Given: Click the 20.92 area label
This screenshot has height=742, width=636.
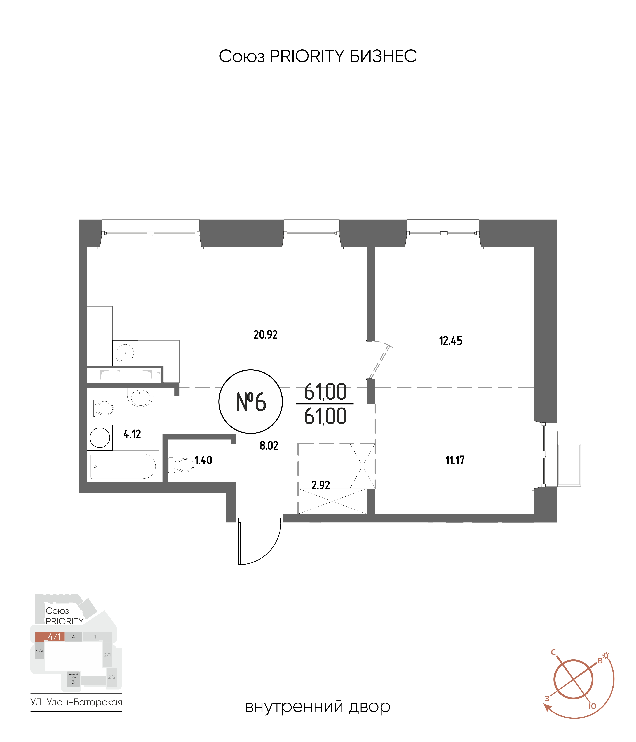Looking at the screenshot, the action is pyautogui.click(x=265, y=335).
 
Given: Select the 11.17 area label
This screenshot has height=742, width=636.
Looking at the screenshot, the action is pyautogui.click(x=455, y=460).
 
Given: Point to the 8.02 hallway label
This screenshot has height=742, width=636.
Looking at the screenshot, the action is pyautogui.click(x=269, y=446).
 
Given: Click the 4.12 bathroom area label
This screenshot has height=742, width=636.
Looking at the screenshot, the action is pyautogui.click(x=132, y=434).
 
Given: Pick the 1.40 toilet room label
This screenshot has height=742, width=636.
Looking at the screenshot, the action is pyautogui.click(x=203, y=460).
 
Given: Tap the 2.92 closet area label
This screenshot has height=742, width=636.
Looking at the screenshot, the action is pyautogui.click(x=320, y=485).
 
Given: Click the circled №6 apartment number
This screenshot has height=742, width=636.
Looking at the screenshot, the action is pyautogui.click(x=251, y=402).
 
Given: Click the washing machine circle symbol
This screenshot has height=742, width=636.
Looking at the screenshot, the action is pyautogui.click(x=100, y=438).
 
